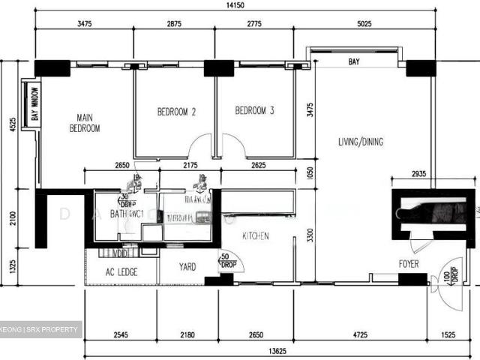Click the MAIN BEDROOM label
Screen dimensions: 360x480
point(85,122)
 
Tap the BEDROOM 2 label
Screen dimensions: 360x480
point(176,112)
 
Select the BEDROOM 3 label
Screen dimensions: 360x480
point(254,111)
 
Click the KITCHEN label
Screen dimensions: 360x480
point(255,236)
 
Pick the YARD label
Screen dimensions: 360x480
point(187,266)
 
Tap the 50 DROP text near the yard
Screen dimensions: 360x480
point(226,261)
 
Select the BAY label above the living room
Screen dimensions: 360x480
point(354,62)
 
